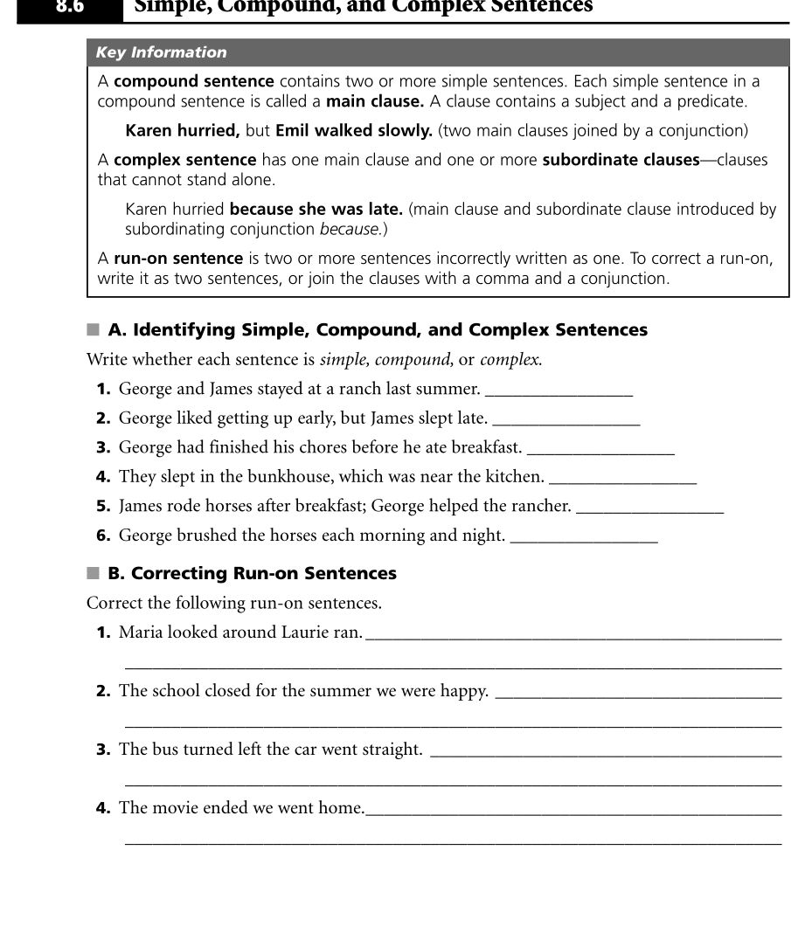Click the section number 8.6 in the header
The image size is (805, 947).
69,7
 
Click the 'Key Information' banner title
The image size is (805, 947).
161,52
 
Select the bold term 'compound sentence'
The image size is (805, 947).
194,81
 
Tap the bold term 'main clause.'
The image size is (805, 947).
375,101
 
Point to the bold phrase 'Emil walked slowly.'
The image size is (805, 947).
354,131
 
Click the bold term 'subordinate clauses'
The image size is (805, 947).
621,160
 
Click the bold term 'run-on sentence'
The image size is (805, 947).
178,259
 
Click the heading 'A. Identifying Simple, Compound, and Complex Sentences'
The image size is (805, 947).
378,330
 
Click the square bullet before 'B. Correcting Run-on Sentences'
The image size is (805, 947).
94,573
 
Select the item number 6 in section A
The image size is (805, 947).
103,536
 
